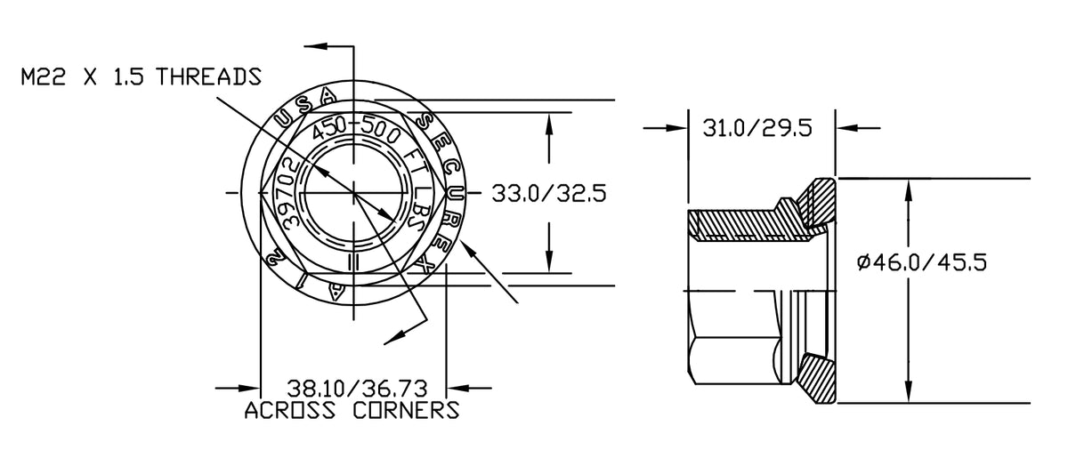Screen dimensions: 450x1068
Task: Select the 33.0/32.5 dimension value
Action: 542,193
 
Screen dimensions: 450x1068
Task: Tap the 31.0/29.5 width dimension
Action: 757,128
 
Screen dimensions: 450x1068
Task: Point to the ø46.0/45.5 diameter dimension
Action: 922,262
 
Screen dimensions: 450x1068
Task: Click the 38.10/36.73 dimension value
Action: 356,389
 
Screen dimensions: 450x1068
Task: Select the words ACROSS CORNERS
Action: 352,411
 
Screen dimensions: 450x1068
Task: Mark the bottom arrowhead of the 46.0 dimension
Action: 908,392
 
